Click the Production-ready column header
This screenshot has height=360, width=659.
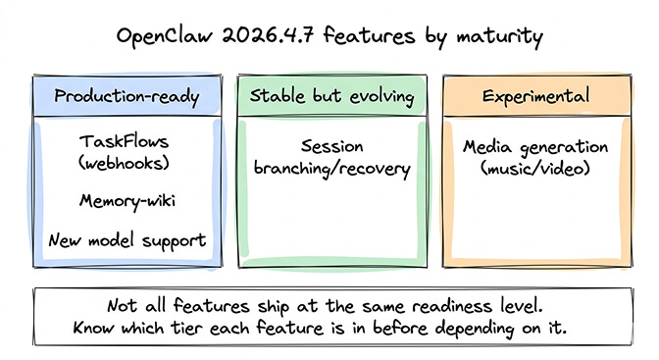pos(127,96)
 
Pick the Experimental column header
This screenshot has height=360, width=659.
pos(534,96)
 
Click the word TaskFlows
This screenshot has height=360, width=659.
pos(127,143)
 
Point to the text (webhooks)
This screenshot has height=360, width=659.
pos(127,165)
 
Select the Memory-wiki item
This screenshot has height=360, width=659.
pos(127,203)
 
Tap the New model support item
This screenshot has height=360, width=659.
pos(127,240)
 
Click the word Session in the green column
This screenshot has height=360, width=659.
pos(331,147)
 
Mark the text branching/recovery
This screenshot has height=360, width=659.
pos(331,169)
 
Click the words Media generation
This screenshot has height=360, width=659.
pos(534,147)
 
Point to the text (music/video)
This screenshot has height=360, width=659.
pos(534,169)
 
